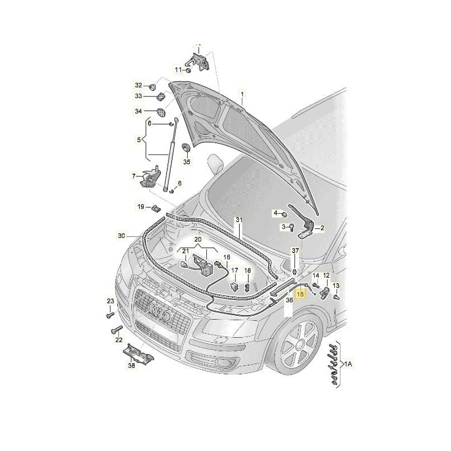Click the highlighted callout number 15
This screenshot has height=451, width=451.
[x=301, y=293]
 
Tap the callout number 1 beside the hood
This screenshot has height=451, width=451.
[x=243, y=94]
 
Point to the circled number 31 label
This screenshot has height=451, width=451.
[x=238, y=219]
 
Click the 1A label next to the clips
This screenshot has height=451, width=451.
[x=349, y=365]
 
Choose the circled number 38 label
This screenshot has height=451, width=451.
[x=131, y=365]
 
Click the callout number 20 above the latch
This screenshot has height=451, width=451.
[x=198, y=240]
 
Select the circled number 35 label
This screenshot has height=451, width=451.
[x=187, y=162]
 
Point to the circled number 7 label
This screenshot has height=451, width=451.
[x=134, y=176]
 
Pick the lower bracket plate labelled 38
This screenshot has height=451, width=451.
[x=138, y=353]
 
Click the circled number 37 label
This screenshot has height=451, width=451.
[x=295, y=250]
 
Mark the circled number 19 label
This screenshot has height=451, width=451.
[x=141, y=207]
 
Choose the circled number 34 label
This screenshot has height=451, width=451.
[x=138, y=111]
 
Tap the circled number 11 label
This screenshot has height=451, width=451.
[x=178, y=70]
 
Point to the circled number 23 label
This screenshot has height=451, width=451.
[x=110, y=302]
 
